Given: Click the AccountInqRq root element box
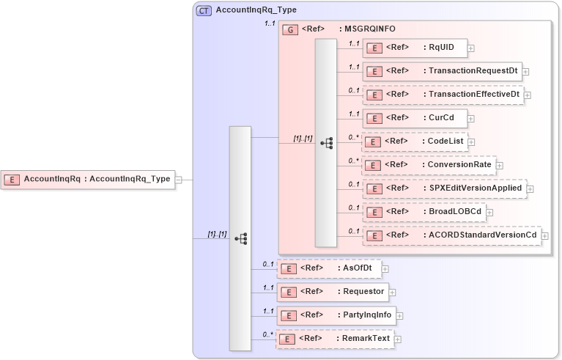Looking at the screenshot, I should [88, 179].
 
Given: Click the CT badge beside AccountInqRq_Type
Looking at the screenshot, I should [204, 10].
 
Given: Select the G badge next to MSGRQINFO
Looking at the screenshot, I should [290, 29].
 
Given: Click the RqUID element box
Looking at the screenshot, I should [415, 48].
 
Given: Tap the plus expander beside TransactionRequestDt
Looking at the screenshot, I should [526, 72].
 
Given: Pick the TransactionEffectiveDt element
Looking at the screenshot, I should [443, 95].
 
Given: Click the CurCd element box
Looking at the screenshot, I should [415, 117].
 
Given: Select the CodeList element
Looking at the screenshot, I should [415, 142].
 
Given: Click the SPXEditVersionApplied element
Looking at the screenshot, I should [444, 188].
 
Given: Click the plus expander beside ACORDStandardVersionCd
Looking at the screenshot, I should [544, 236].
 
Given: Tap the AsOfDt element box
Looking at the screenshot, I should [328, 268].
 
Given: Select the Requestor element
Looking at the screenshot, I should [333, 292].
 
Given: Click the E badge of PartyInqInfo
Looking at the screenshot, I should [289, 316].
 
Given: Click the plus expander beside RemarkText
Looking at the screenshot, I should [398, 339].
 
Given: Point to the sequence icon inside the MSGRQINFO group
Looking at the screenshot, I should [327, 143].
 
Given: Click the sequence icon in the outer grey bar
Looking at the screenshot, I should [240, 238].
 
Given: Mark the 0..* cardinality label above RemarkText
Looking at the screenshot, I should [267, 334].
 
